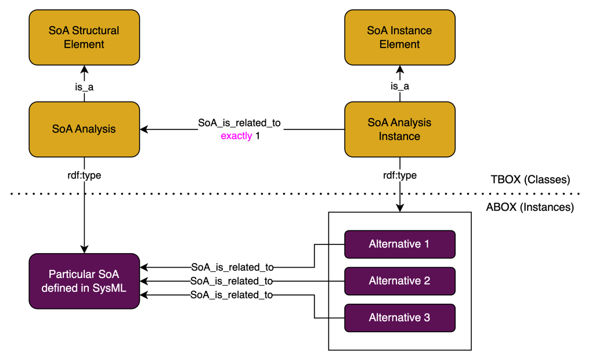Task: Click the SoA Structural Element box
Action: pos(84,37)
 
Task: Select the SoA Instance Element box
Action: pos(399,37)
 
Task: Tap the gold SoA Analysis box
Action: pos(84,129)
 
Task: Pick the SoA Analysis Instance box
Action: pos(399,129)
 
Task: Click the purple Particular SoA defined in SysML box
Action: pos(84,281)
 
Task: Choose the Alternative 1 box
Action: pos(399,244)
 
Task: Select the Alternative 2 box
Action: pos(399,281)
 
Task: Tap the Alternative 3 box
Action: pos(399,318)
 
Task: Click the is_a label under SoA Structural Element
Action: pos(84,87)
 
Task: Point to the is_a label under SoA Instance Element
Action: pos(399,87)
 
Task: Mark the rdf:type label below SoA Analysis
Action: pos(84,175)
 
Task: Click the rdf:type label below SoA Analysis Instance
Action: pos(399,175)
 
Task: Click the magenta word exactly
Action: pos(236,136)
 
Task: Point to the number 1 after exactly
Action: pos(258,136)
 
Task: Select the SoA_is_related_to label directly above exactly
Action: pos(239,123)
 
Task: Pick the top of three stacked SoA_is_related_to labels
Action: pos(232,267)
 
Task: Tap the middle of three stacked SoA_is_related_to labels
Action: pos(232,281)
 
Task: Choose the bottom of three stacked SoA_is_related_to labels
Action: pos(232,295)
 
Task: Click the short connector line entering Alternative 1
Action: pos(337,244)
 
